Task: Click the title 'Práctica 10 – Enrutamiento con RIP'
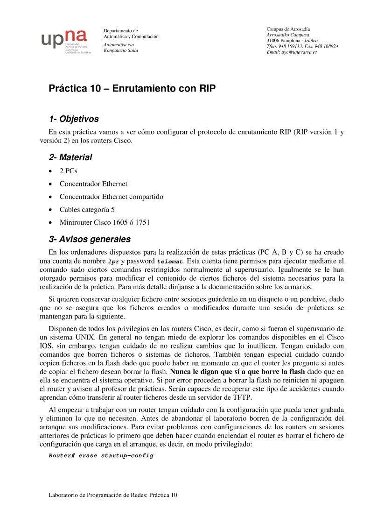132,88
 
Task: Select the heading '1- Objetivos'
74,119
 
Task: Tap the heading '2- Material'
70,157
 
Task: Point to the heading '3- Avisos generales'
90,240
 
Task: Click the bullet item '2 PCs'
68,171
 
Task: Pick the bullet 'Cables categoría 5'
87,210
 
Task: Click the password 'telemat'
171,261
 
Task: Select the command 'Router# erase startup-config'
101,455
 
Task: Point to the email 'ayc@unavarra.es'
298,52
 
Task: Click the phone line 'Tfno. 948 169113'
284,46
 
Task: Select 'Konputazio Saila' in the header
120,50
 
